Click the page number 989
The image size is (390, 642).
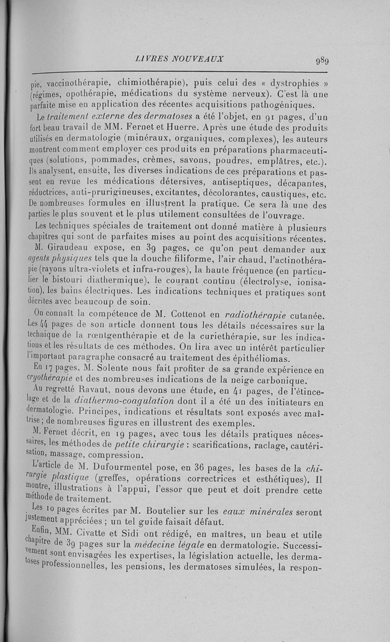[322, 61]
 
